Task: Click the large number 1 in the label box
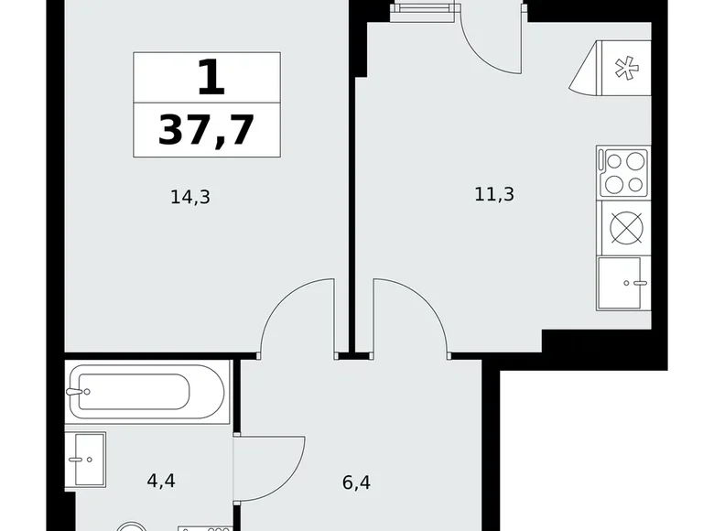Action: click(x=211, y=79)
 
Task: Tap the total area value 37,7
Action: click(x=206, y=130)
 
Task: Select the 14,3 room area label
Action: click(x=190, y=198)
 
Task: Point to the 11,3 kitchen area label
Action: click(x=494, y=194)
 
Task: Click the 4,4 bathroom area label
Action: click(x=161, y=481)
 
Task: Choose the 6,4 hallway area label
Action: click(x=356, y=482)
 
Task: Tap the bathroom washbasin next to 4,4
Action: click(x=86, y=460)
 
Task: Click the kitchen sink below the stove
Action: click(x=623, y=283)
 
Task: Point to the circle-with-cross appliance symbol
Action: click(x=626, y=227)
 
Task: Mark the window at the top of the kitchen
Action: click(x=424, y=11)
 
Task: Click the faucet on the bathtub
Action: click(x=78, y=392)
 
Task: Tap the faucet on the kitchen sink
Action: click(x=635, y=283)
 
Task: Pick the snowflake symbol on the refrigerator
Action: click(x=626, y=69)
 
